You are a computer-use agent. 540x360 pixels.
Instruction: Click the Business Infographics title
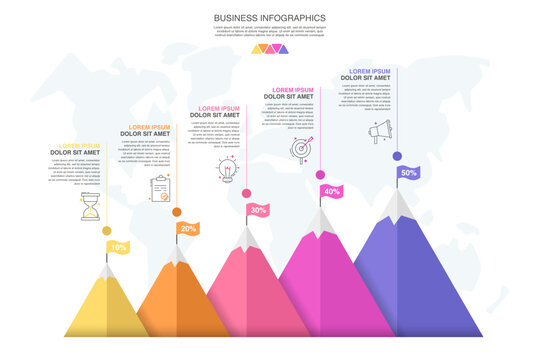tap(269, 17)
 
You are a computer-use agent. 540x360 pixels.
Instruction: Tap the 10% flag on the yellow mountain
tap(119, 247)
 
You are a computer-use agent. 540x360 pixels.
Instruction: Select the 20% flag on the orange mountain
tap(188, 228)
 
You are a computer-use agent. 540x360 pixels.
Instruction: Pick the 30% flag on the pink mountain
tap(258, 210)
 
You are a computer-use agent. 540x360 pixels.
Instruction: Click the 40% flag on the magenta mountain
tap(331, 191)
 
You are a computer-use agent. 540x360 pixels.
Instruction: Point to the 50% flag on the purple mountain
tap(408, 172)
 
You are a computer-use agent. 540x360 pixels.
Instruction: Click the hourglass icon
tap(91, 210)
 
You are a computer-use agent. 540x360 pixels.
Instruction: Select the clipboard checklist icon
tap(160, 189)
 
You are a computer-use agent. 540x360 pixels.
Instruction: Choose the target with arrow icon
tap(300, 149)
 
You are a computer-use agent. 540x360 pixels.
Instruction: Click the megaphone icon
tap(379, 130)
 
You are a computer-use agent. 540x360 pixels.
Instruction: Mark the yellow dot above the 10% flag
tap(107, 231)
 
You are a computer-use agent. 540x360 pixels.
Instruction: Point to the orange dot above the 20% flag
tap(177, 212)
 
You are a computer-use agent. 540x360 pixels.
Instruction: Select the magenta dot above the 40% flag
tap(320, 175)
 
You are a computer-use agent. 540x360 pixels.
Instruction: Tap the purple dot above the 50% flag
tap(397, 156)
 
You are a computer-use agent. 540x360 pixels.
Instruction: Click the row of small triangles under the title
tap(269, 48)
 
